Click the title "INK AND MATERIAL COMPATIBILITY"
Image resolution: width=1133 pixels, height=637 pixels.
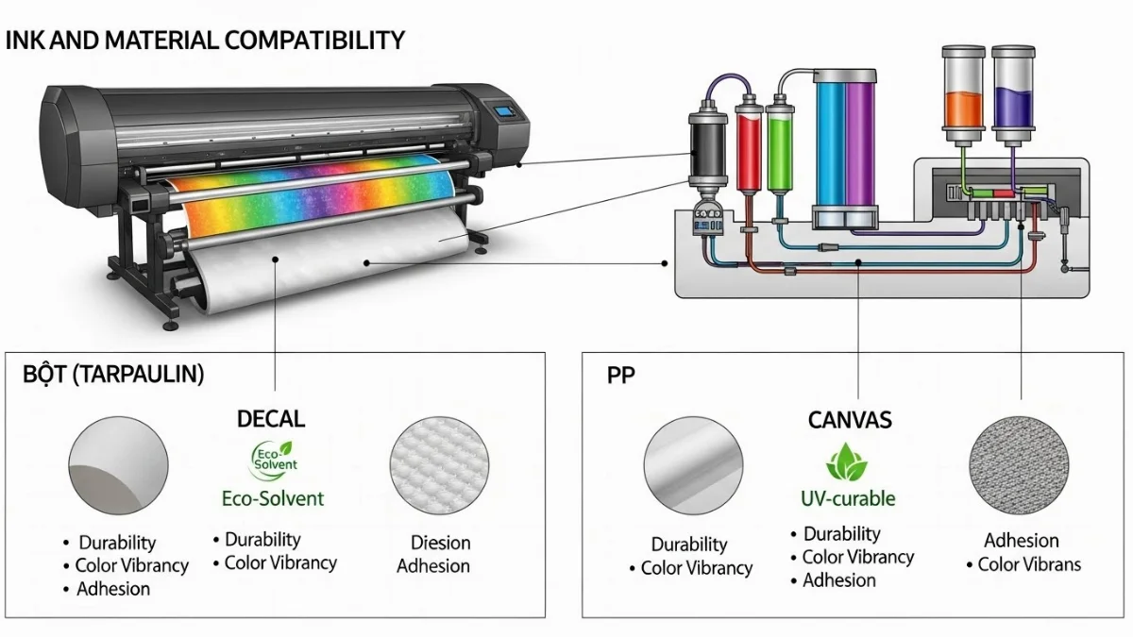(x=205, y=41)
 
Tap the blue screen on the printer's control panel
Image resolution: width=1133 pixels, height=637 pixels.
(x=506, y=111)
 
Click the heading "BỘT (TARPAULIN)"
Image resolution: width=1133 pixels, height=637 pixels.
(x=113, y=375)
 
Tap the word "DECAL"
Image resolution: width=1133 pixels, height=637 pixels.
(x=272, y=419)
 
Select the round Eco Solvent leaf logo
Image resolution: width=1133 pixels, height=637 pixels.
(x=274, y=460)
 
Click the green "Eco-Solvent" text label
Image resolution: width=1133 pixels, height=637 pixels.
(x=272, y=497)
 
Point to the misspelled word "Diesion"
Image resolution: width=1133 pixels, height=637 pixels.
(x=440, y=543)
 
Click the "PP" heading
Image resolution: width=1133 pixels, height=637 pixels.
(x=621, y=375)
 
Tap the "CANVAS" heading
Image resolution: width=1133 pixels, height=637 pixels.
(x=850, y=420)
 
